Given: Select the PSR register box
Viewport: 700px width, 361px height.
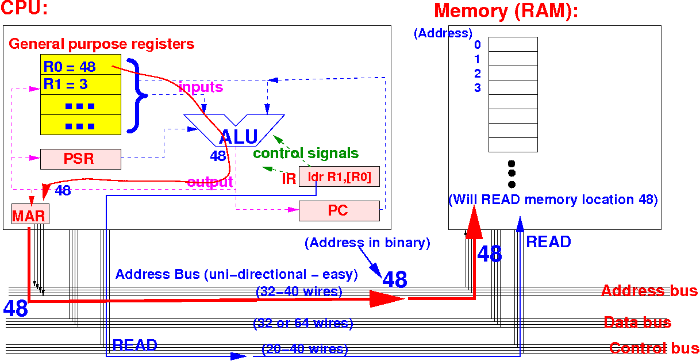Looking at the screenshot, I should pos(80,159).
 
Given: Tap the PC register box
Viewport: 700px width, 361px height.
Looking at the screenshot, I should pos(339,211).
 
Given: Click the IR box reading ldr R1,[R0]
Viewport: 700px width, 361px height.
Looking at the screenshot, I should pos(339,178).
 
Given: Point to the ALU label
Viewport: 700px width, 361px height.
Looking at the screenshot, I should pos(238,137).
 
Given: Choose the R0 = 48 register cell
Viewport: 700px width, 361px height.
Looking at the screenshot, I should pos(80,67).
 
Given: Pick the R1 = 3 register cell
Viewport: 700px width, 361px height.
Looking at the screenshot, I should pos(80,85).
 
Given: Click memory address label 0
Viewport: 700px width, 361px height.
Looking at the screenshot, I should pos(478,45).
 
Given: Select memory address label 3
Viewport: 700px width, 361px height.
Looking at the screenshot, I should pos(478,88).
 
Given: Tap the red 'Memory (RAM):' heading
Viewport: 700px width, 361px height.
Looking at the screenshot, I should pos(506,11).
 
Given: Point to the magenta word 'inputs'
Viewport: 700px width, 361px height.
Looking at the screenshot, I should pos(201,87).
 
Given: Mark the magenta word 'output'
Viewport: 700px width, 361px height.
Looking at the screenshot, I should pos(210,182).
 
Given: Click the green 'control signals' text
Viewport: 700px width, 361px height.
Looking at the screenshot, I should pos(306,153).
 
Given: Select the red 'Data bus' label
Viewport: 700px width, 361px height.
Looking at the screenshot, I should pos(637,322).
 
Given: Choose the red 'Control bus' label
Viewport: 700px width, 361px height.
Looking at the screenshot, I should pos(654,348).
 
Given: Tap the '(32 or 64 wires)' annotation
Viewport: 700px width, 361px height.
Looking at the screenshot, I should pos(303,323).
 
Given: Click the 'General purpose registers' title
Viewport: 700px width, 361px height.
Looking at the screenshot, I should pos(102,44).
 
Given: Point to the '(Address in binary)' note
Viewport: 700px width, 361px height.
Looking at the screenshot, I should pos(368,243).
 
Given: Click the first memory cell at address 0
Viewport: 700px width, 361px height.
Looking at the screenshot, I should pos(513,44).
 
